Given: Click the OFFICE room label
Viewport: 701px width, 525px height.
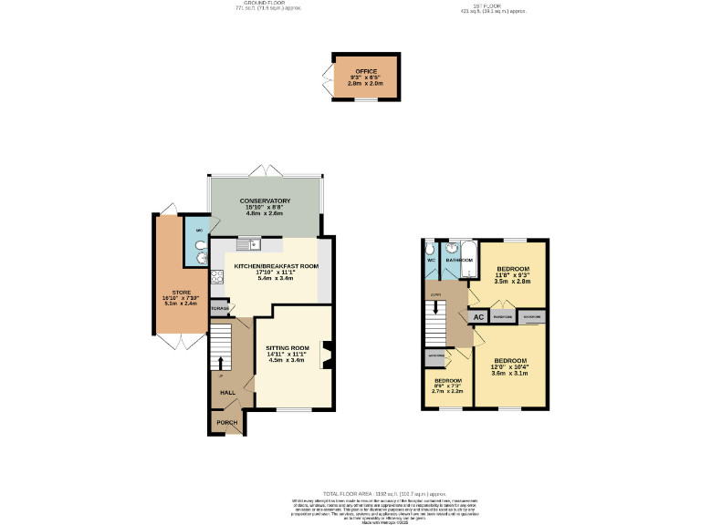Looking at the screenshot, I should click(x=366, y=71).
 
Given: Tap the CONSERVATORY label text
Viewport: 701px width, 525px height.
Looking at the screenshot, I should click(x=265, y=201).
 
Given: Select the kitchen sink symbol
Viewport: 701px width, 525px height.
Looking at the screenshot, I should click(x=247, y=243).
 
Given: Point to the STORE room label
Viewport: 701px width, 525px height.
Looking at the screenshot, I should click(x=169, y=293).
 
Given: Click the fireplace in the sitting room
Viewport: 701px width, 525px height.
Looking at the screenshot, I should click(x=325, y=356).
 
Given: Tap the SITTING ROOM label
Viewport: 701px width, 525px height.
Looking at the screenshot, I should click(x=288, y=348).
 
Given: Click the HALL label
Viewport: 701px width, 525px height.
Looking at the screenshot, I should click(x=227, y=393).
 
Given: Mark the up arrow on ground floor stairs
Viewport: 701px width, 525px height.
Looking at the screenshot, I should click(x=220, y=362).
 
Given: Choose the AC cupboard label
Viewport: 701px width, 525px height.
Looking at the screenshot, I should click(x=478, y=317).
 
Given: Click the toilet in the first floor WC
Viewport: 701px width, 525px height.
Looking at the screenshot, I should click(x=431, y=246).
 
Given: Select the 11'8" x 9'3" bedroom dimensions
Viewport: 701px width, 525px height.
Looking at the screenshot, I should click(x=511, y=275).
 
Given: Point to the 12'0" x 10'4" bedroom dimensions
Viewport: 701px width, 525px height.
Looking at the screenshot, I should click(x=510, y=366).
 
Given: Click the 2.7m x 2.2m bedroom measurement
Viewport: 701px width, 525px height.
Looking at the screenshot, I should click(x=447, y=392).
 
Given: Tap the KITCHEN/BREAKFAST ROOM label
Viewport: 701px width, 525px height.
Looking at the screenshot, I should click(x=276, y=266).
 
